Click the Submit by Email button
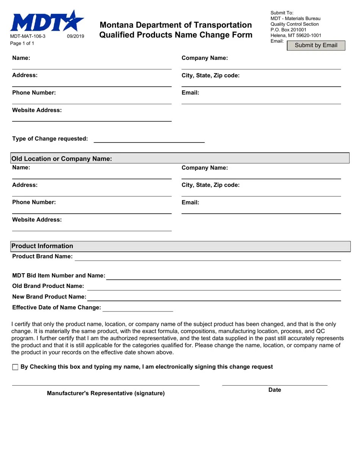click(316, 45)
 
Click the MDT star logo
click(47, 22)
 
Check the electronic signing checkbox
click(15, 367)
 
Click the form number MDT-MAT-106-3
click(28, 36)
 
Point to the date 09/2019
click(75, 36)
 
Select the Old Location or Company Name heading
click(62, 159)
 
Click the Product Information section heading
click(42, 246)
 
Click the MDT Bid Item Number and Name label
click(59, 275)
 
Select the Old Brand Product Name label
click(48, 286)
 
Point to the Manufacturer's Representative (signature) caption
click(106, 393)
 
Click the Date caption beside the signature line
click(275, 390)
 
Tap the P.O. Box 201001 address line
click(288, 30)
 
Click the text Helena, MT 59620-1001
click(296, 35)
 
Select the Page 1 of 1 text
click(22, 43)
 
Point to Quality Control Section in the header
click(294, 24)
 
